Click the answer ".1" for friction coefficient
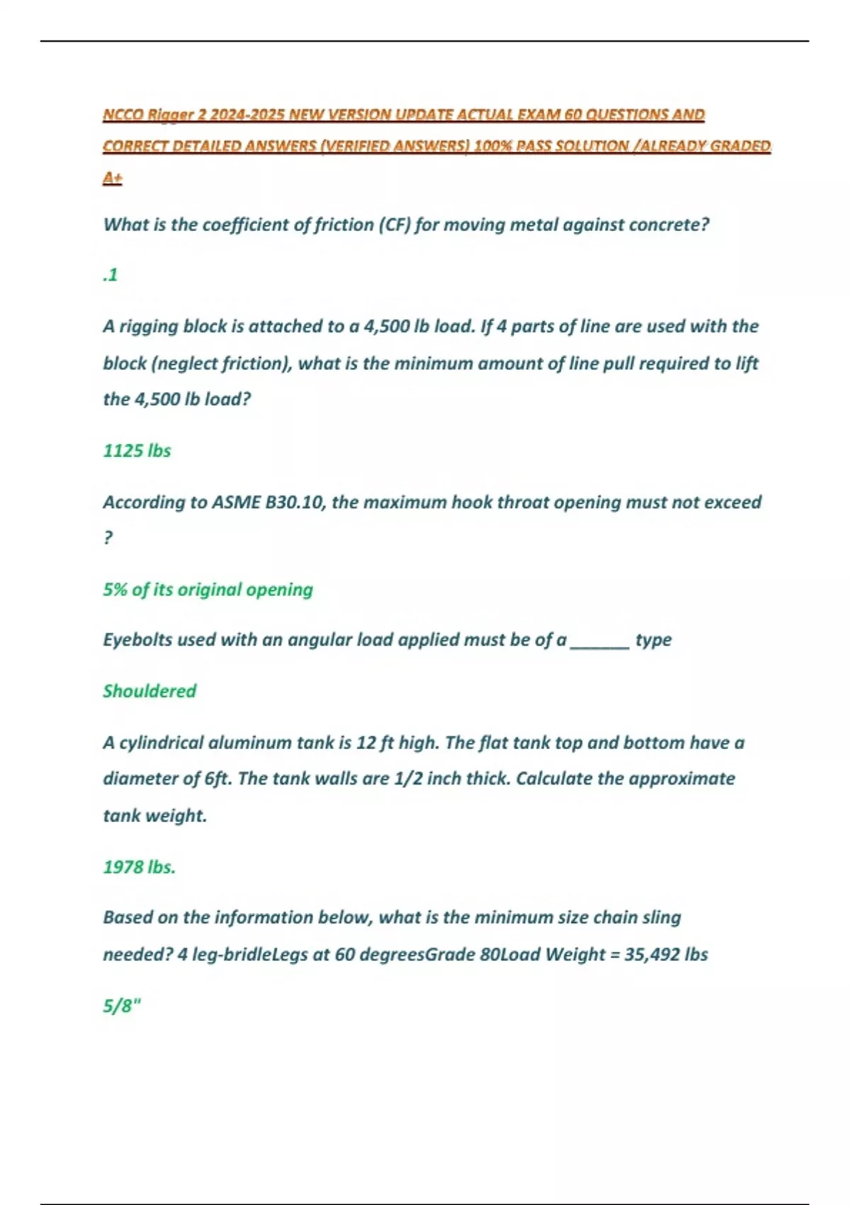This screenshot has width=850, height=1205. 110,275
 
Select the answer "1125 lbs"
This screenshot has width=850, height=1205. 137,451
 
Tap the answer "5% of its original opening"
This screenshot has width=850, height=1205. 208,590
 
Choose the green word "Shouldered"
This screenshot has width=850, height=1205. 149,691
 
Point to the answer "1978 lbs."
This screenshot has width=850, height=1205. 139,867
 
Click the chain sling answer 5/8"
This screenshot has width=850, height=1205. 122,1006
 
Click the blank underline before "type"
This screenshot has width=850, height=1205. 599,641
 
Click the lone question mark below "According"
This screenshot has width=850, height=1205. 108,538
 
